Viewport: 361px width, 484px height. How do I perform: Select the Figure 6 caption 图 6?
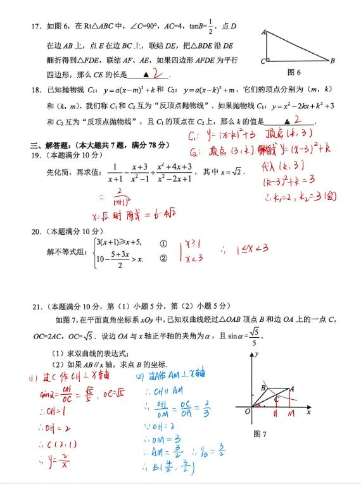pyautogui.click(x=293, y=72)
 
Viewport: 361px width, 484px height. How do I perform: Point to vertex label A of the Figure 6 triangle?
pyautogui.click(x=262, y=31)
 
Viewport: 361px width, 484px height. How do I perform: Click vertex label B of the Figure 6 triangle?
pyautogui.click(x=332, y=61)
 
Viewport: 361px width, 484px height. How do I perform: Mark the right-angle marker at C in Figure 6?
pyautogui.click(x=269, y=59)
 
